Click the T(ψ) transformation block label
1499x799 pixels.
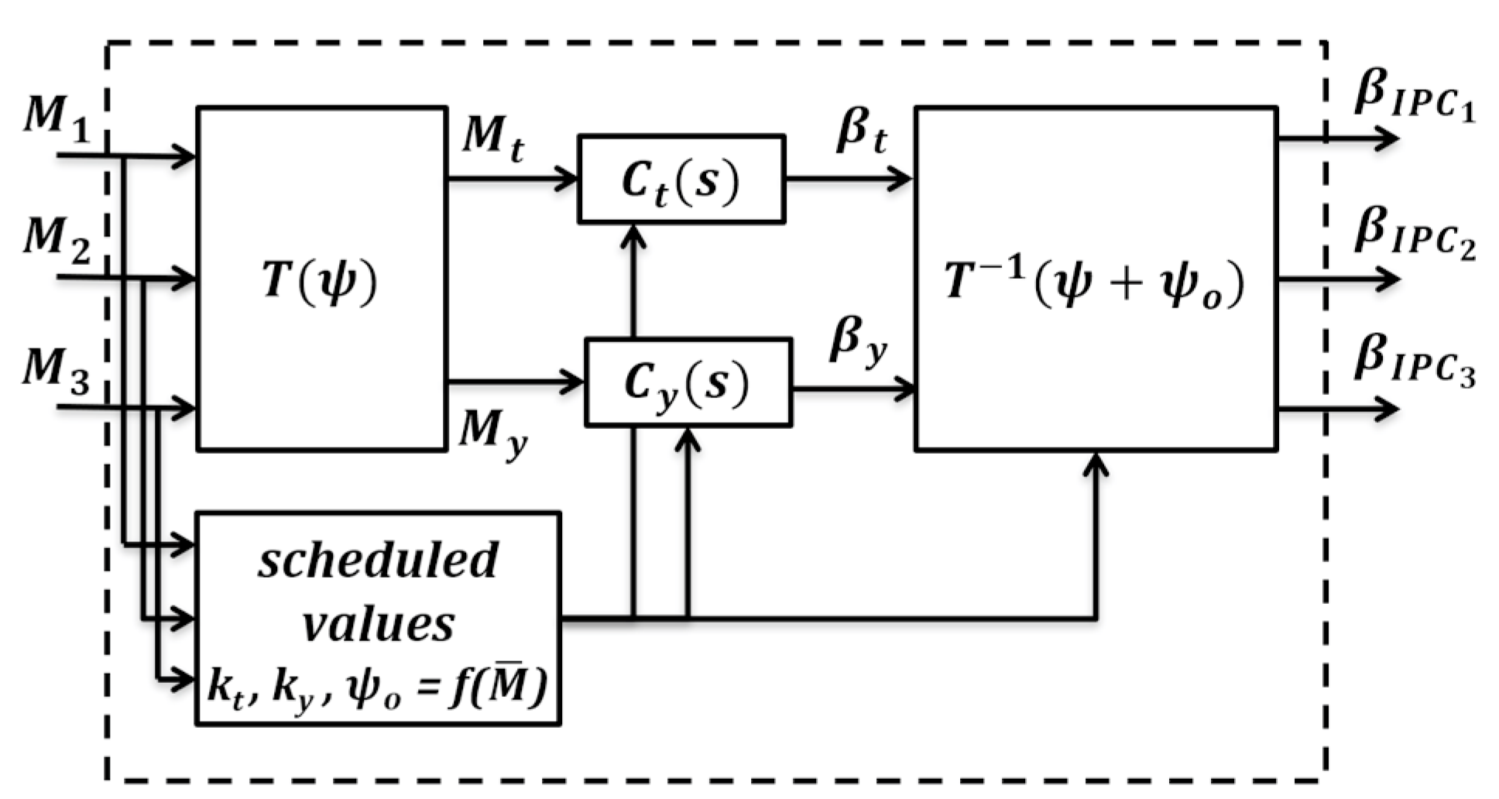click(320, 280)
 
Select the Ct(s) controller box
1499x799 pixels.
click(681, 180)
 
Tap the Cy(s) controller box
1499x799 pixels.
click(688, 382)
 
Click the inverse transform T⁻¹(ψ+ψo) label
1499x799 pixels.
click(1094, 282)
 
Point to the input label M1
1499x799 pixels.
click(56, 118)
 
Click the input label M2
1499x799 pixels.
click(56, 237)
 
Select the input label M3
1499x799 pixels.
click(56, 369)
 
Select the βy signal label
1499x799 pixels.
click(858, 341)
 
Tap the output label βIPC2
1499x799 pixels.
click(1414, 233)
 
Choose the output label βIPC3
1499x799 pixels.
click(1414, 361)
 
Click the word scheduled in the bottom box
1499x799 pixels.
click(378, 560)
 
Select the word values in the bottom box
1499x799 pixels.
click(378, 624)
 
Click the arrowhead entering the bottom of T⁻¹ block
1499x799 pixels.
click(1096, 463)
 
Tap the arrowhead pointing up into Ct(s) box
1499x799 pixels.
click(634, 235)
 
